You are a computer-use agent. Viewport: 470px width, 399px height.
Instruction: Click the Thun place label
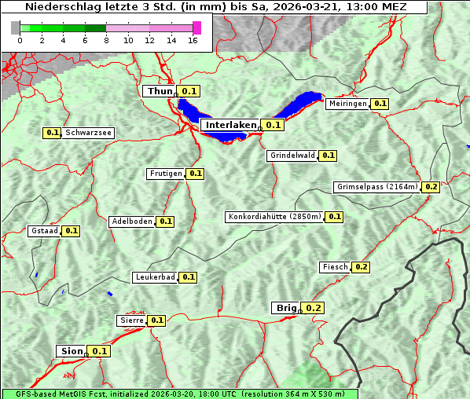(160, 92)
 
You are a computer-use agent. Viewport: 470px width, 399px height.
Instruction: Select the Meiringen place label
(347, 104)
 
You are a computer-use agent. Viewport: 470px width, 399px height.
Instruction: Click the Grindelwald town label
(292, 156)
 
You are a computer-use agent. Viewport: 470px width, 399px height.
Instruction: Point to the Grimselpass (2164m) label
(376, 187)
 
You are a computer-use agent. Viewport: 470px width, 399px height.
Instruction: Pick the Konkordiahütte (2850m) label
(274, 217)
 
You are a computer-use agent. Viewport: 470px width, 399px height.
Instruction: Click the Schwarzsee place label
(89, 133)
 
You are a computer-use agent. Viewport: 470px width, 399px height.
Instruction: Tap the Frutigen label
(166, 174)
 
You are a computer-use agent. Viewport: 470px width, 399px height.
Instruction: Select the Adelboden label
(131, 221)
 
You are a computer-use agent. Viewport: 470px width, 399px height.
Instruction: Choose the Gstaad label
(44, 231)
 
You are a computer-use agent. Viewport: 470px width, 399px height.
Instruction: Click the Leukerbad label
(155, 277)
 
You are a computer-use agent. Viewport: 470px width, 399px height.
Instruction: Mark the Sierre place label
(131, 320)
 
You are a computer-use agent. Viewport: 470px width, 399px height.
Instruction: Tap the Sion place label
(70, 351)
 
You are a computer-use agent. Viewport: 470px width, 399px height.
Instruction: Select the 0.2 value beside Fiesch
(361, 267)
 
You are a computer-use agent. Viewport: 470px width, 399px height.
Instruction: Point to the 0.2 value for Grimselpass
(431, 187)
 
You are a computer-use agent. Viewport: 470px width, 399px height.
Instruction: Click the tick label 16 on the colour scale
(193, 40)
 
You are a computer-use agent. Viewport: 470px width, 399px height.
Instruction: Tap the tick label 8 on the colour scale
(106, 40)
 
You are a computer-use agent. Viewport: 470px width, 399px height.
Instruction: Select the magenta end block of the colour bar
(196, 27)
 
